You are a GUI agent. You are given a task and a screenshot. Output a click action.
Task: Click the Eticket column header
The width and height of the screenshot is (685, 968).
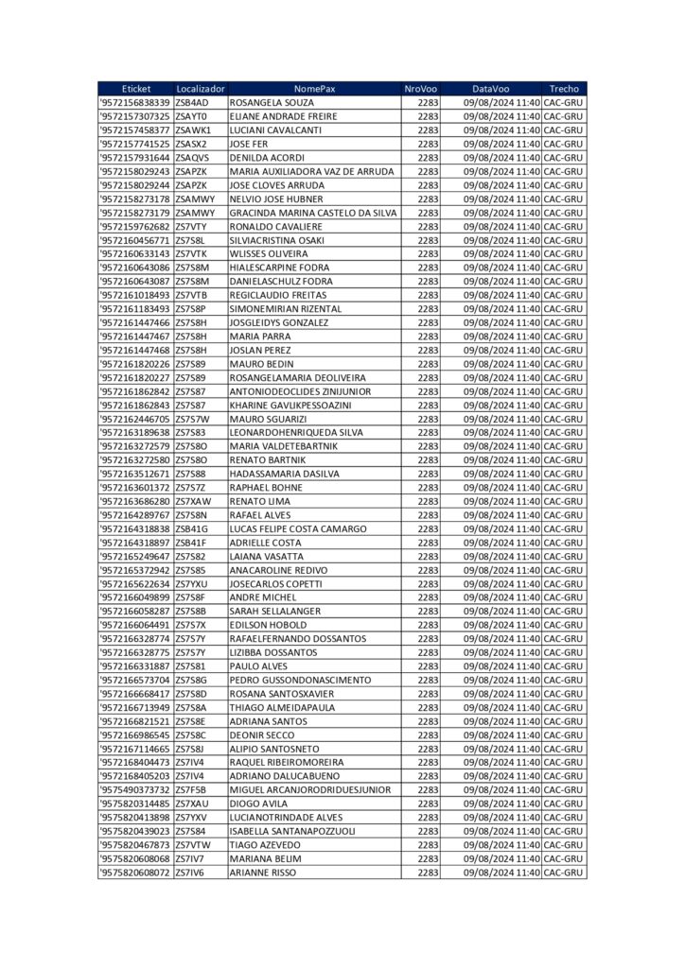[x=135, y=89]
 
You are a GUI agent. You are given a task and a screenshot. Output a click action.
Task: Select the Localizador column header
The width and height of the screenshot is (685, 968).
[x=201, y=89]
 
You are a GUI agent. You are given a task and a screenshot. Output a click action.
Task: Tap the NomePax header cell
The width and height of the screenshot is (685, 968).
[x=314, y=89]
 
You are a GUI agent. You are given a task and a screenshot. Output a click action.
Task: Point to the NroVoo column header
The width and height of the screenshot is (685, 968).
[x=421, y=89]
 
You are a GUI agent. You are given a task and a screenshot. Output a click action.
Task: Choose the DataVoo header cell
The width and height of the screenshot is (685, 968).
[x=491, y=89]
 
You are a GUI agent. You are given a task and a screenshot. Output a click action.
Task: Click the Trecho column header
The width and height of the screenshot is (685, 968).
[x=564, y=89]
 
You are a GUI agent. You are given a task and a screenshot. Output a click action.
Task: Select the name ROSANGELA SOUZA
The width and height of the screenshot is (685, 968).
[x=272, y=102]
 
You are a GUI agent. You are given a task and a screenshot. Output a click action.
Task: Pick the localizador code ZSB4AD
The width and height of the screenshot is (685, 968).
[x=192, y=102]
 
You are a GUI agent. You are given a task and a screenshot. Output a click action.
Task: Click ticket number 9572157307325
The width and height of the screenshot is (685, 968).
[x=135, y=116]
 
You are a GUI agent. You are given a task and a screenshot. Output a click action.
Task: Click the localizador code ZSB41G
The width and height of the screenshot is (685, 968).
[x=192, y=528]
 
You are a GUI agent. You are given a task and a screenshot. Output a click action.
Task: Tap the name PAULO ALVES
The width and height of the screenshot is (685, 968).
[x=257, y=666]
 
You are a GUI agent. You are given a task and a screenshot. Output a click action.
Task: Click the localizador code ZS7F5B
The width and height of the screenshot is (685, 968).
[x=191, y=789]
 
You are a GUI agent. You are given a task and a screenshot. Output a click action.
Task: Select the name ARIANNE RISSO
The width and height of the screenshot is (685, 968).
[x=263, y=873]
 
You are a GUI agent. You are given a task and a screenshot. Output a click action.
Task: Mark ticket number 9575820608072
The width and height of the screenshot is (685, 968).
[x=135, y=873]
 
